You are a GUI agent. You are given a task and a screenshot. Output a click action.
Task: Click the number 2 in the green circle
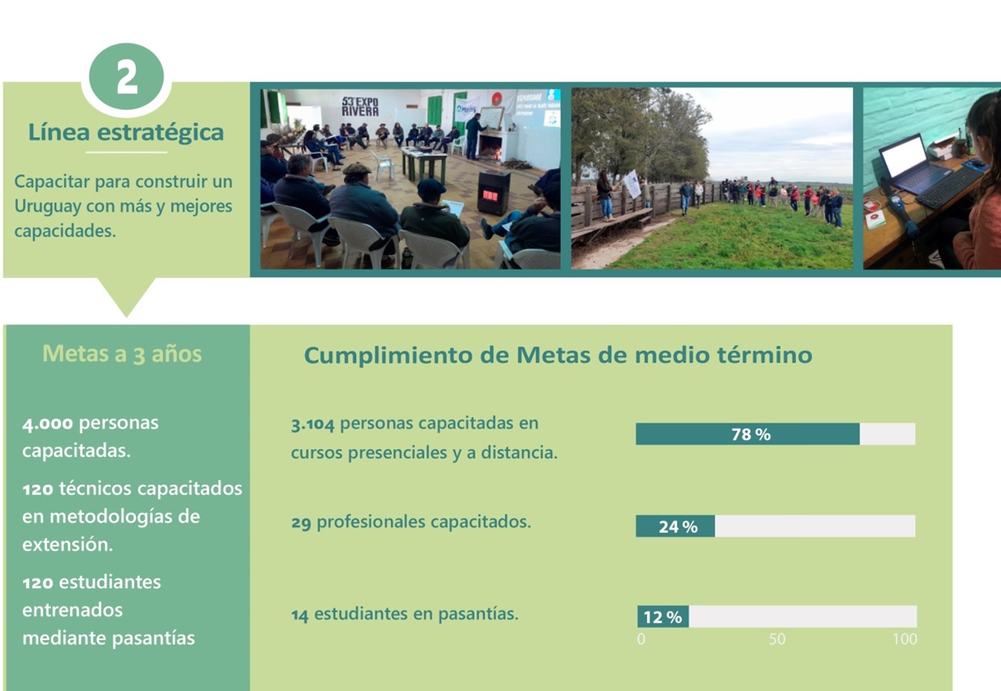pos(126,77)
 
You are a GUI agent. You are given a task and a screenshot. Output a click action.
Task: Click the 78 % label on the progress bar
pos(751,434)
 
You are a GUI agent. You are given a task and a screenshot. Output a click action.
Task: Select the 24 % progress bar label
pos(678,527)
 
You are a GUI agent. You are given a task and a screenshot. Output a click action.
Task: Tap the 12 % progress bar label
pos(663,618)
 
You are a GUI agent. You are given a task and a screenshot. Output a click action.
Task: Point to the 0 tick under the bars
pos(641,639)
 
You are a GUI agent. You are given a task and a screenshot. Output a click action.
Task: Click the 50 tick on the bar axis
pos(777,639)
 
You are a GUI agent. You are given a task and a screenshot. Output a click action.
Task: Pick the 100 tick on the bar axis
pos(905,639)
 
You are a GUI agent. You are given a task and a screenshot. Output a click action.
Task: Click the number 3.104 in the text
pos(312,424)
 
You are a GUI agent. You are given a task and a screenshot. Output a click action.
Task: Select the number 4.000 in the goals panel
pos(47,423)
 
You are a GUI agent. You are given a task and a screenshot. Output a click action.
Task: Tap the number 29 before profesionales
pos(301,522)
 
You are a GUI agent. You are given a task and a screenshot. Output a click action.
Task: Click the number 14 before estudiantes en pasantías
pos(300,615)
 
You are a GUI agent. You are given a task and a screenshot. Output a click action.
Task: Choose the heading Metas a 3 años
pos(122,354)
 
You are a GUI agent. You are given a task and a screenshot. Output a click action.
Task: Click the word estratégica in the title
pos(160,133)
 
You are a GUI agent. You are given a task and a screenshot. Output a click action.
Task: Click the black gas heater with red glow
pos(493,192)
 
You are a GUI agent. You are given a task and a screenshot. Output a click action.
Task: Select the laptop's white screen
pos(905,155)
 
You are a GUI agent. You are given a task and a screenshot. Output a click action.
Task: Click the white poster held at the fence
pos(633,183)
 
